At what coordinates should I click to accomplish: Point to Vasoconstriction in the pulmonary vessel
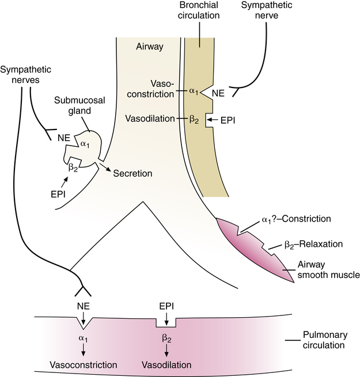84,365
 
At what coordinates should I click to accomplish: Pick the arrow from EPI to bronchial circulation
211,120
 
